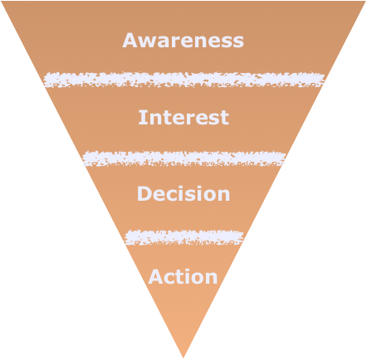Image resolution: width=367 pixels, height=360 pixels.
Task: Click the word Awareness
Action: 183,40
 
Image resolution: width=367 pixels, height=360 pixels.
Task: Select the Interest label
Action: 183,117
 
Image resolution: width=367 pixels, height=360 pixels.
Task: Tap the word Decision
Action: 183,194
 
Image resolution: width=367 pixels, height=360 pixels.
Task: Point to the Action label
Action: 183,276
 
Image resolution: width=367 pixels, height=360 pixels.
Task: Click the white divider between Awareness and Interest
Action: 183,80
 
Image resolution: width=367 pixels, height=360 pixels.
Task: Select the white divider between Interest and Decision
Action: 183,158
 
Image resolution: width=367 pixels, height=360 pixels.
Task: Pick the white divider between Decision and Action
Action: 183,237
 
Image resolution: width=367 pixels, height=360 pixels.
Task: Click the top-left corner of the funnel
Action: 3,2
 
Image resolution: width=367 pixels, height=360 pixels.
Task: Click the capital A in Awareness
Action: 130,40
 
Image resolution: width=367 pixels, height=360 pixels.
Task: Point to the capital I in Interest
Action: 142,117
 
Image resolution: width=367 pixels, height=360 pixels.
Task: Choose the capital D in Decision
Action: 144,194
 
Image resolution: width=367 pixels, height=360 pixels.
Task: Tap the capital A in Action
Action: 155,276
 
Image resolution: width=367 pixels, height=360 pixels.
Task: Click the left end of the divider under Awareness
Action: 46,80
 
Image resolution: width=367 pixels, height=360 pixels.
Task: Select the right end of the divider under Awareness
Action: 321,80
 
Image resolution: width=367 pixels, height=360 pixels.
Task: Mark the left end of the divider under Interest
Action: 85,158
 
